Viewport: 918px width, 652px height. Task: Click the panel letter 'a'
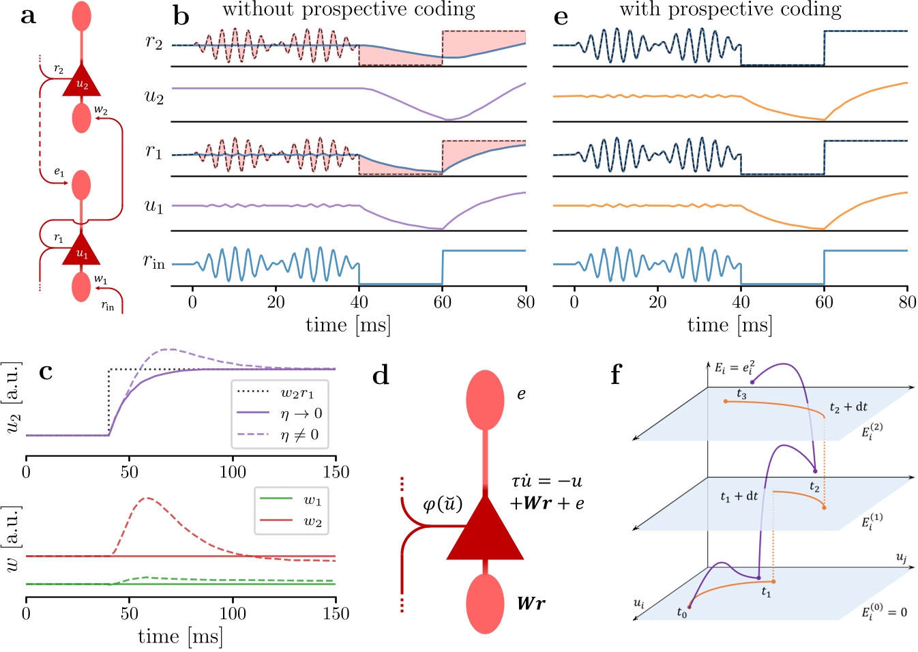pos(28,16)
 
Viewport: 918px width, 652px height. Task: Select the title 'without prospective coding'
pos(349,10)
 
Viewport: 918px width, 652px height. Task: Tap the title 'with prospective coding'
pos(730,10)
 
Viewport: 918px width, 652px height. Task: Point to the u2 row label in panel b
pos(154,96)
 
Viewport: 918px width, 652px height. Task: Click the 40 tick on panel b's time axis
pos(359,302)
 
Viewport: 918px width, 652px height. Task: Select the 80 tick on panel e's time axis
pos(907,302)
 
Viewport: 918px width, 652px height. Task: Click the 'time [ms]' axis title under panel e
pos(730,325)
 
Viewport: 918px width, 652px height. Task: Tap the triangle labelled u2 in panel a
pos(81,83)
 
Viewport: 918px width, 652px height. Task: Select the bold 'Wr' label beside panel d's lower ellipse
pos(531,604)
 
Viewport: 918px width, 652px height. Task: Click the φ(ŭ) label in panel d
pos(443,505)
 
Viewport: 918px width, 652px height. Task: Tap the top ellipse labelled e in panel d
pos(485,400)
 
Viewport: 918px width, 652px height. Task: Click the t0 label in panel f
pos(682,613)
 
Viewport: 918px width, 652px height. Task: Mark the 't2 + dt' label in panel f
pos(848,407)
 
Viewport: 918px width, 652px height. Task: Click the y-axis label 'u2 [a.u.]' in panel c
pos(12,398)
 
